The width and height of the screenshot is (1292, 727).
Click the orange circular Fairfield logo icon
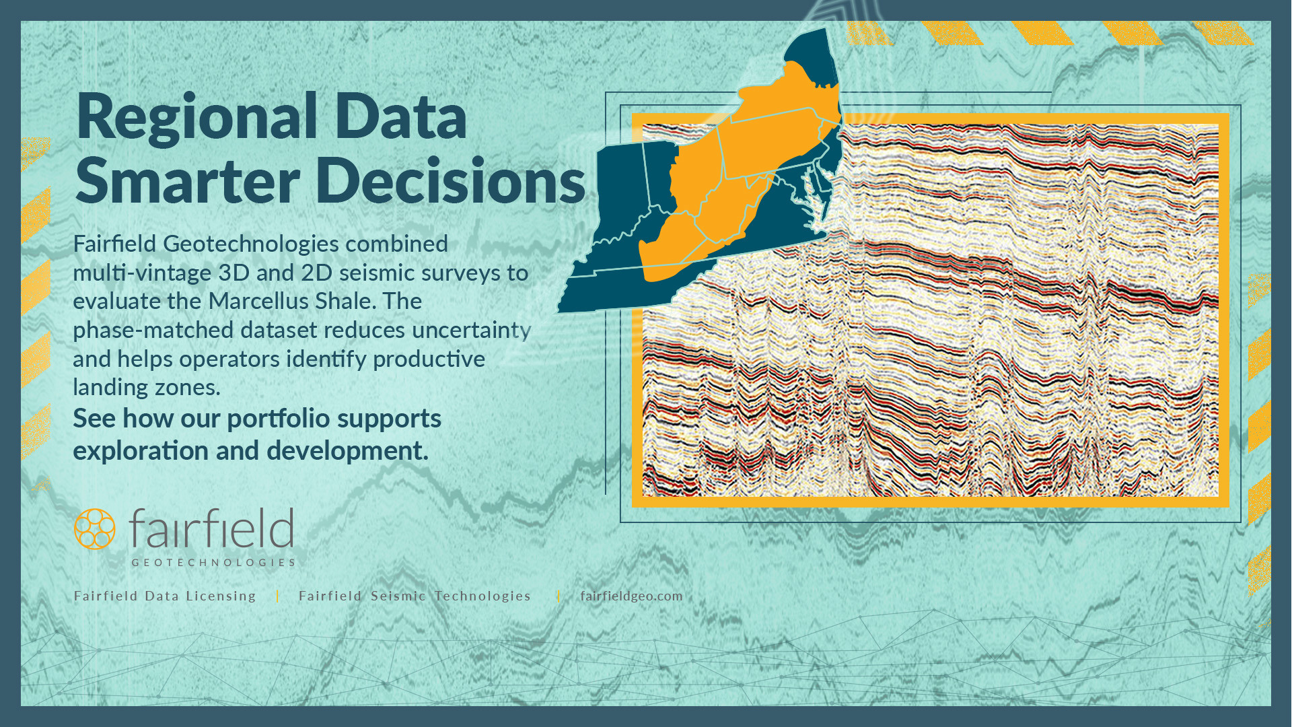point(94,529)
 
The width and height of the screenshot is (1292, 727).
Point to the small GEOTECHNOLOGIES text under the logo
point(213,563)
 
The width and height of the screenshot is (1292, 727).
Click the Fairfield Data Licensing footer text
point(165,596)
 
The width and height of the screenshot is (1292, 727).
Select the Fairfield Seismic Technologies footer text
point(415,596)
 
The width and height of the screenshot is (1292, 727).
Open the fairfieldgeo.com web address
point(631,596)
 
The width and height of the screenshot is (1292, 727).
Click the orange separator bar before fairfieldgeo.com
point(559,596)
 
